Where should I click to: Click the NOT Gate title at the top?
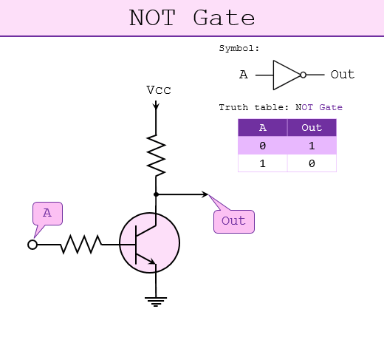coord(192,18)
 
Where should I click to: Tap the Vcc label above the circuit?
coord(159,90)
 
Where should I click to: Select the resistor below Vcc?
coord(156,155)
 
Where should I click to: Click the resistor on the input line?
coord(81,244)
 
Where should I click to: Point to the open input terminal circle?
coord(32,245)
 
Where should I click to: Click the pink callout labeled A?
coord(47,214)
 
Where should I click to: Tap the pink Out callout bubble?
coord(234,221)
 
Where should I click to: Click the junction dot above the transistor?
coord(156,194)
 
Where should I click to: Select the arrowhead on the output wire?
coord(205,194)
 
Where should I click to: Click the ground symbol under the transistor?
coord(156,302)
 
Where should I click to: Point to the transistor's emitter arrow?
coord(151,262)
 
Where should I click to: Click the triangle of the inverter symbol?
coord(287,75)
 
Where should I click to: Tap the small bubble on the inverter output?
coord(304,75)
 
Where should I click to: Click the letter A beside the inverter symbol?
coord(244,75)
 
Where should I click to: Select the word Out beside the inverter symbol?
coord(343,75)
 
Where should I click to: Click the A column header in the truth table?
coord(263,127)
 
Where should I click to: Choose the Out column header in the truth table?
coord(312,127)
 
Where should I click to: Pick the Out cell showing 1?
coord(312,146)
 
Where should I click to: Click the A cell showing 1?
coord(263,163)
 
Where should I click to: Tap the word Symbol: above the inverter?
coord(239,48)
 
